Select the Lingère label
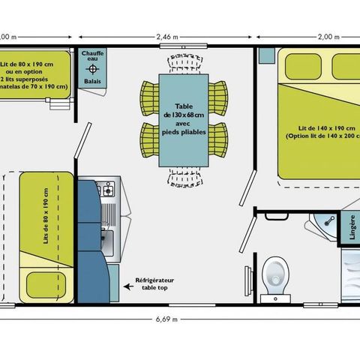pyautogui.click(x=349, y=227)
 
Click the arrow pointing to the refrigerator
pyautogui.click(x=121, y=277)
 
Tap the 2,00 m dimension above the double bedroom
pyautogui.click(x=307, y=36)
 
